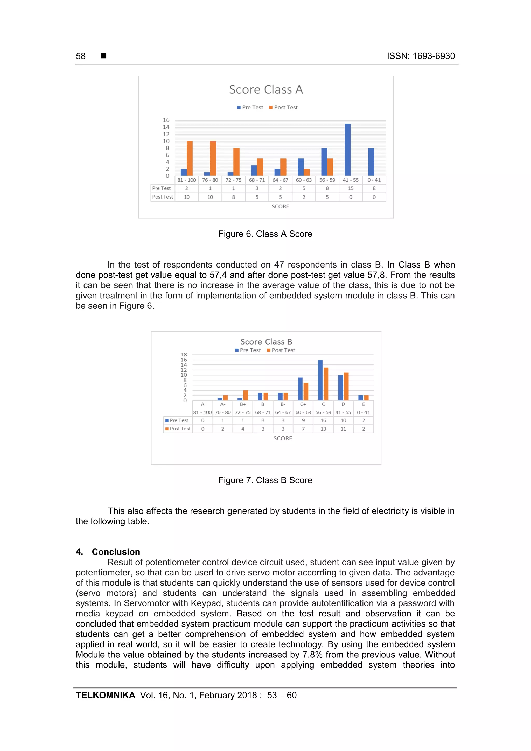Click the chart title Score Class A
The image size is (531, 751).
(266, 90)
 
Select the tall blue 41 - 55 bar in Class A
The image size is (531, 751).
(347, 150)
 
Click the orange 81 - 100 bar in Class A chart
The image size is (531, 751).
(190, 158)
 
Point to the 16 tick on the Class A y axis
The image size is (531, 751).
(166, 120)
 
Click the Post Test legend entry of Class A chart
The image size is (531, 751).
(283, 107)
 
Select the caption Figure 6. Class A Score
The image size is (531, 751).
(265, 234)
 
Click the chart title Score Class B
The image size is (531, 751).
(266, 342)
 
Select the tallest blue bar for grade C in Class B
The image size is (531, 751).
(320, 380)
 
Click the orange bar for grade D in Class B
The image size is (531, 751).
(346, 386)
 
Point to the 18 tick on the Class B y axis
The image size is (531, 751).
(184, 355)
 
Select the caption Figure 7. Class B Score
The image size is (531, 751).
(265, 480)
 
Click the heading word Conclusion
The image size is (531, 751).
(116, 552)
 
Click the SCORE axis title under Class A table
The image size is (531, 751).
(280, 206)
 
